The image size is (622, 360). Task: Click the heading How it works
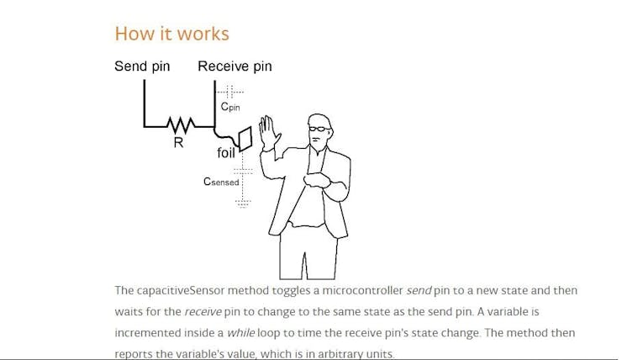171,34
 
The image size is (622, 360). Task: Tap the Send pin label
142,66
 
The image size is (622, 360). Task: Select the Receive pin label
235,66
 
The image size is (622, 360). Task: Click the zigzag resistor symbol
181,125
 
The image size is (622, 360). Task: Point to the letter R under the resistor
178,142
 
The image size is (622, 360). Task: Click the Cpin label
230,106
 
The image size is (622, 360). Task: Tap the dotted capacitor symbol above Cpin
229,92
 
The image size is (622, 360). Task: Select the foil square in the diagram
245,139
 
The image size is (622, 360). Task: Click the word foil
226,152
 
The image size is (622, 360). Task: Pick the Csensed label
221,182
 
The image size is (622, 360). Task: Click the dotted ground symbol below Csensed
243,204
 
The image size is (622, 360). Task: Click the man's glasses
319,129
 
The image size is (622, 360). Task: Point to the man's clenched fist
316,180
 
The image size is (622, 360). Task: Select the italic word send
419,290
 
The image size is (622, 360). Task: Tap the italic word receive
203,311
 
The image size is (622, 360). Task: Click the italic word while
240,332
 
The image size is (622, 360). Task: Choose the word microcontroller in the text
362,290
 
